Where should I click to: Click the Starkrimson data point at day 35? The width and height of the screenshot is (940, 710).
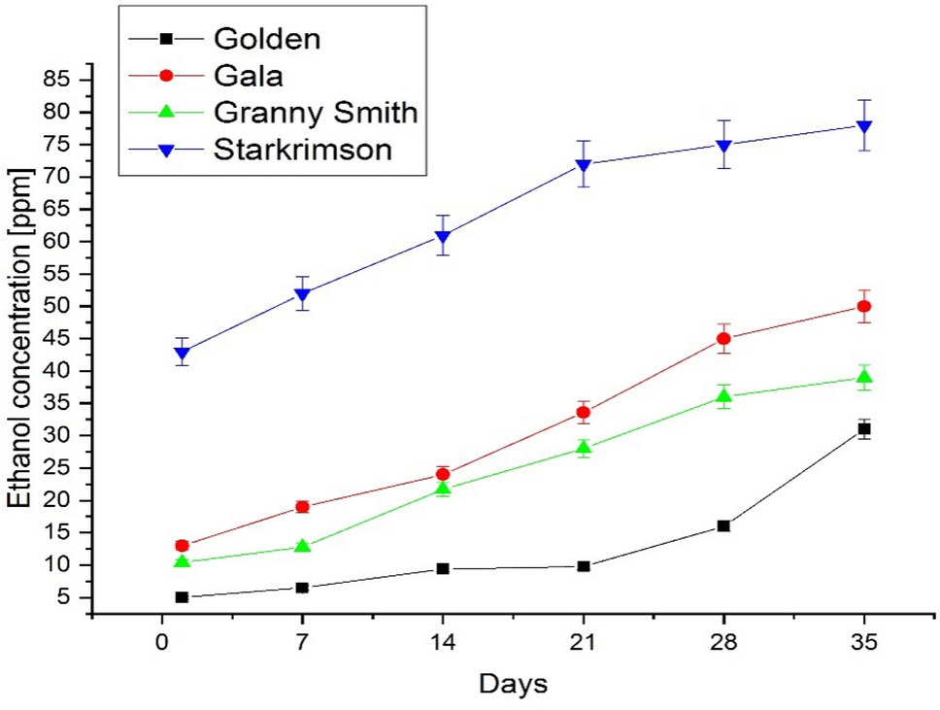pyautogui.click(x=863, y=126)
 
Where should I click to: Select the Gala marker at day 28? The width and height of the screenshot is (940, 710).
pyautogui.click(x=723, y=339)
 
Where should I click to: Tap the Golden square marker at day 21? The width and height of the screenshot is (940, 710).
pyautogui.click(x=584, y=566)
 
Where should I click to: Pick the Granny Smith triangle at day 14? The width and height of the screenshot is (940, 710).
pyautogui.click(x=443, y=489)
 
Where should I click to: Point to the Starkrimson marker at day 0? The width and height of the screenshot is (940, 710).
pyautogui.click(x=182, y=354)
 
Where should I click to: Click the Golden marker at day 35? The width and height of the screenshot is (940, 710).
pyautogui.click(x=863, y=428)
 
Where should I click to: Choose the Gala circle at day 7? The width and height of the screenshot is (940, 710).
pyautogui.click(x=303, y=506)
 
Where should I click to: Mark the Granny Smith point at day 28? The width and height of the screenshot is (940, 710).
pyautogui.click(x=723, y=396)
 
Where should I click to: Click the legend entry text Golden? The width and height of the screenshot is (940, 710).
pyautogui.click(x=266, y=39)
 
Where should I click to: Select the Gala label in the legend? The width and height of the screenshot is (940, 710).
pyautogui.click(x=247, y=76)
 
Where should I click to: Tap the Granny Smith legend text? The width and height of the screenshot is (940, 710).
pyautogui.click(x=315, y=113)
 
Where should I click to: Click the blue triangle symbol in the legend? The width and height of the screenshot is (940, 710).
pyautogui.click(x=165, y=151)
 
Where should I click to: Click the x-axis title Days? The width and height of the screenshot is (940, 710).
pyautogui.click(x=513, y=684)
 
